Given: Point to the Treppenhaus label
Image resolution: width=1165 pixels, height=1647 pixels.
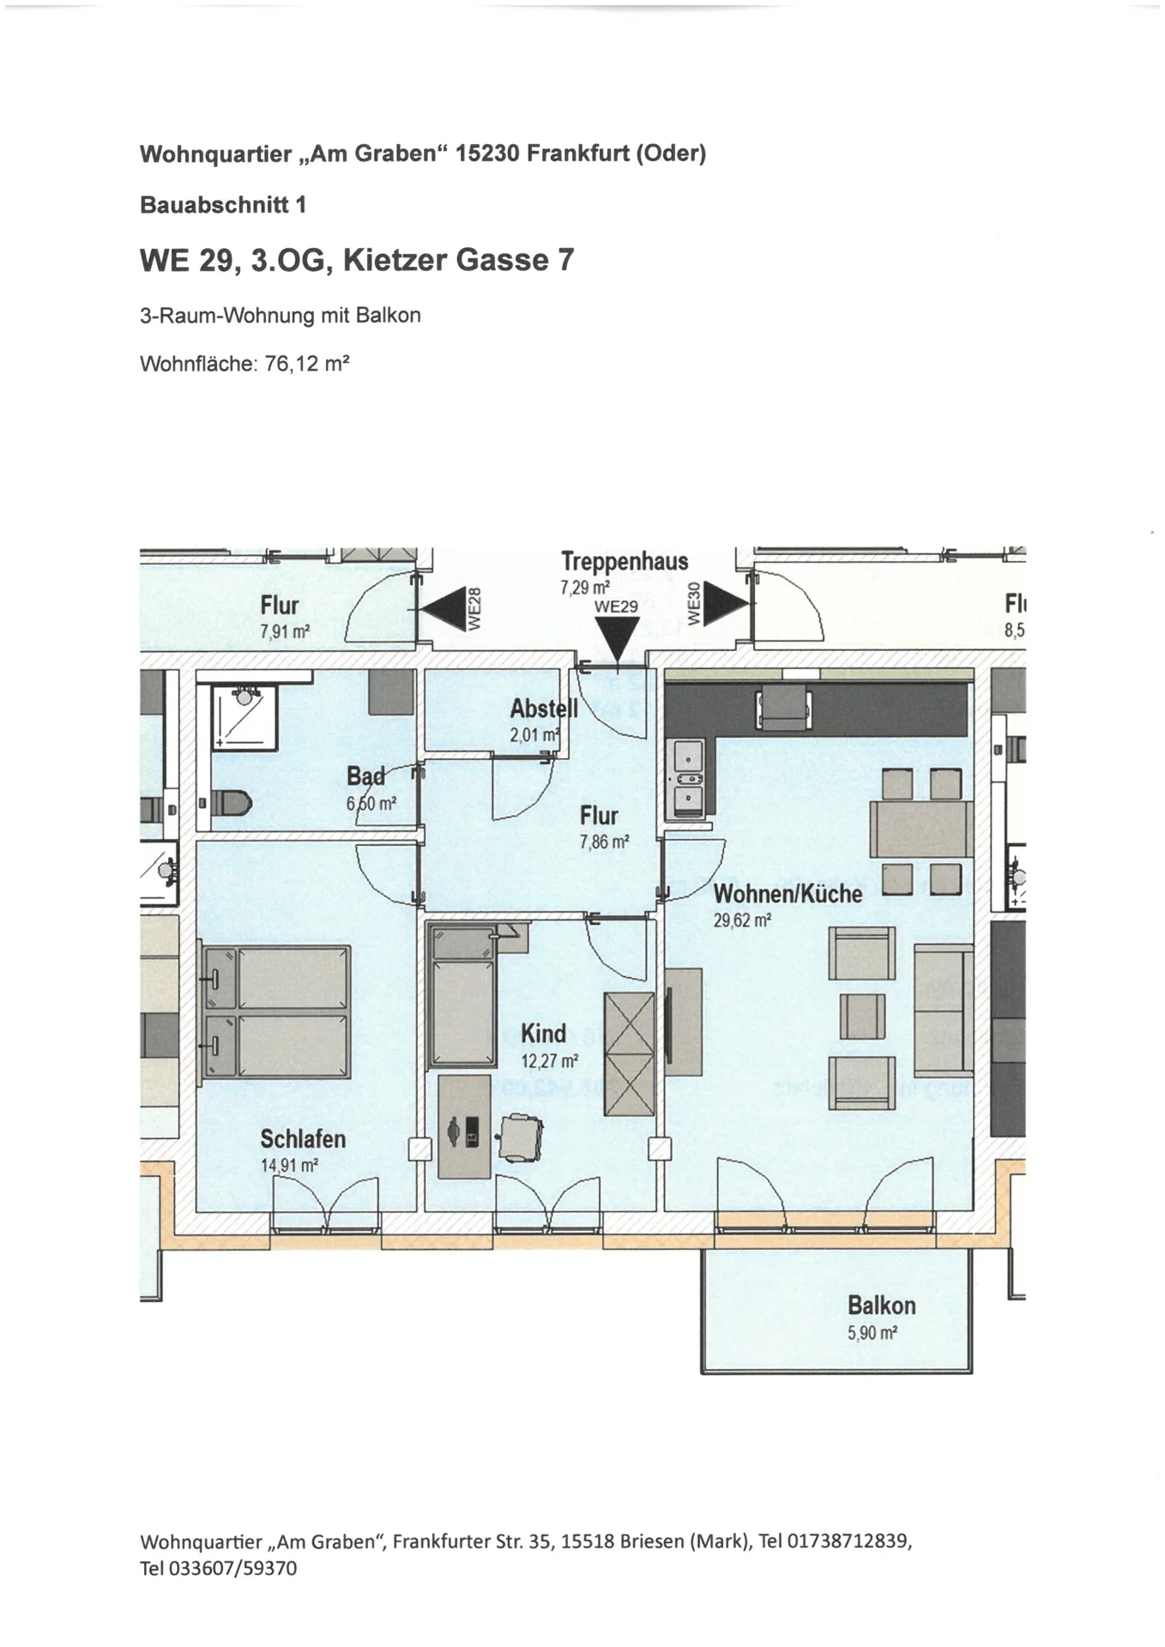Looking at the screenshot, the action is click(x=625, y=562).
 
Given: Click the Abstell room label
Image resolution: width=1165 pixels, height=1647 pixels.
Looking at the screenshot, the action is click(x=543, y=709).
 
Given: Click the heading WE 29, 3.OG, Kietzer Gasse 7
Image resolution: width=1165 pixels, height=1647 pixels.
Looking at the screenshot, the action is click(x=357, y=259).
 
